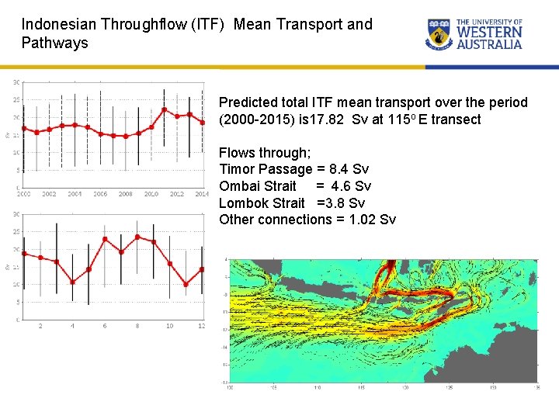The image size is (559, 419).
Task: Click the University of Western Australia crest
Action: point(439,34)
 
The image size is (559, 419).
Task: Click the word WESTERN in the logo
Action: point(489,33)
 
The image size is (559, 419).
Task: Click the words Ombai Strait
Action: point(258,186)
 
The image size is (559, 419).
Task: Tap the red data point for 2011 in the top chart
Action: point(164,109)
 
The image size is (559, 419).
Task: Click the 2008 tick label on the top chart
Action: point(125,194)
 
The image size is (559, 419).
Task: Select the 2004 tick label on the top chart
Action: point(75,194)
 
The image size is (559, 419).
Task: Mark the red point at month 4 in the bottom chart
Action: point(72,282)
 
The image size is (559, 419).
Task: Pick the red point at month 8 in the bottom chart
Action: point(137,237)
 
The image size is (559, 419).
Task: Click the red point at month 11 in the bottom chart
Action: point(186,284)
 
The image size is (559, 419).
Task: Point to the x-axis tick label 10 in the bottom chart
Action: point(169,326)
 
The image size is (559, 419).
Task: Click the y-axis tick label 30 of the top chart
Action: point(16,82)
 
